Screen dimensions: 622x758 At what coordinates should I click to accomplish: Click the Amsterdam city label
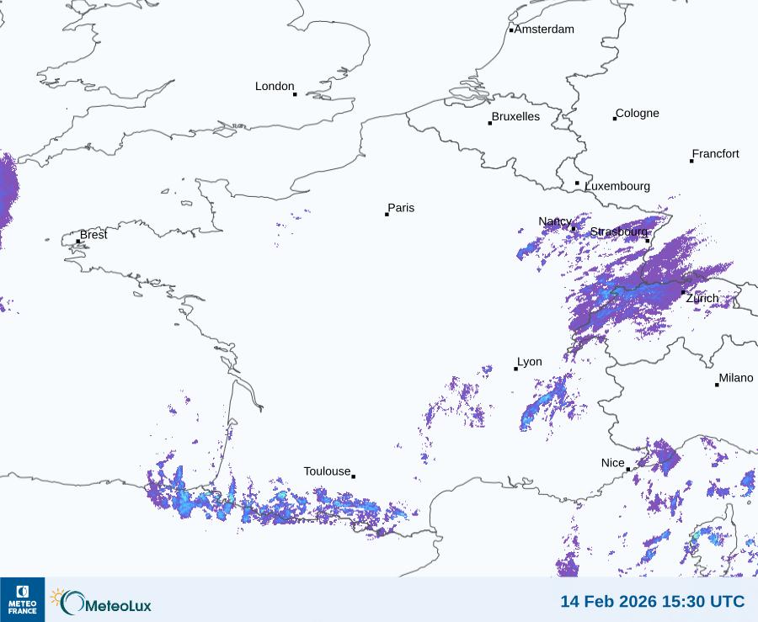[544, 29]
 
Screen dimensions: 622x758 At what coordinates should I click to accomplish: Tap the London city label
[275, 87]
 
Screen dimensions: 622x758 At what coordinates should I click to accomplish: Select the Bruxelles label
[515, 117]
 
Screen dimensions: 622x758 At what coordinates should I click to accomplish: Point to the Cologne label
[638, 114]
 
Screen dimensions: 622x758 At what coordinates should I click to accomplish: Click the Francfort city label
[716, 154]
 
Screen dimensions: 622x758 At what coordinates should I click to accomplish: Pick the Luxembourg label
[617, 186]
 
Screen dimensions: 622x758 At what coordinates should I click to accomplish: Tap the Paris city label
[402, 209]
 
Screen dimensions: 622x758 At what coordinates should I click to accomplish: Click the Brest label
[93, 235]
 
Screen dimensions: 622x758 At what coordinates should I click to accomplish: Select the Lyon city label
[530, 363]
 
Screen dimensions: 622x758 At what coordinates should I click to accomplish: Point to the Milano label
[736, 379]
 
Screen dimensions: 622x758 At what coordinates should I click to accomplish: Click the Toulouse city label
[327, 471]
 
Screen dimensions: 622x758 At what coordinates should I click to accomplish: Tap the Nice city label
[613, 464]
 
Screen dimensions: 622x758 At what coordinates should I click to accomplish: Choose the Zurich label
[702, 299]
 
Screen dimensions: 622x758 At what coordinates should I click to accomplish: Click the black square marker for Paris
[387, 215]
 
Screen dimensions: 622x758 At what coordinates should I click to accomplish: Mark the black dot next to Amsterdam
[511, 30]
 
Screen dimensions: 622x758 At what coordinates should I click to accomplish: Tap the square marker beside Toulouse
[353, 476]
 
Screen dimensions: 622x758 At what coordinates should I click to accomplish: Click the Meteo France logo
[22, 599]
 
